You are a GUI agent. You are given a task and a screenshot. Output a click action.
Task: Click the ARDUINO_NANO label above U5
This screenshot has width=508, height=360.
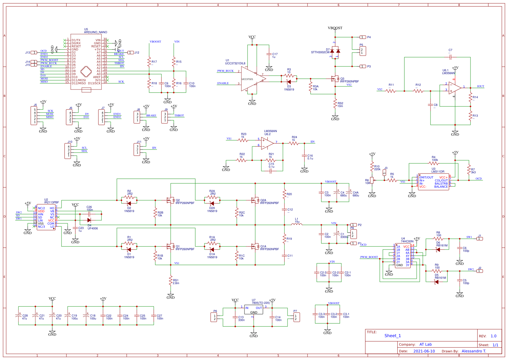(x=96, y=32)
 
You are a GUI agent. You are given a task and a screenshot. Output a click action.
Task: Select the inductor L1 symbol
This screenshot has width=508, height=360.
(x=296, y=224)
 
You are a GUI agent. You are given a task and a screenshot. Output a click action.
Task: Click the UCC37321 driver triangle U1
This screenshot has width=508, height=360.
(x=252, y=79)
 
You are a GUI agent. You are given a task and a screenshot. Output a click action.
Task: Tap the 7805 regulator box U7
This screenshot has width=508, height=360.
(x=254, y=310)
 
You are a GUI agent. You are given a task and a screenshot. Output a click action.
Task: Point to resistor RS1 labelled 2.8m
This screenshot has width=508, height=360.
(x=171, y=281)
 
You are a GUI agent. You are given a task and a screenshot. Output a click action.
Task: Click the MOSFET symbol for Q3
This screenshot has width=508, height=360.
(x=334, y=79)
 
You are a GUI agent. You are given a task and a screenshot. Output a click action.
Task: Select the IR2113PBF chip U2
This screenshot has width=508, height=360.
(x=46, y=217)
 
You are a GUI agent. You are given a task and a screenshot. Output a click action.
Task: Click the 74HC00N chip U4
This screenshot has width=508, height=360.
(x=403, y=256)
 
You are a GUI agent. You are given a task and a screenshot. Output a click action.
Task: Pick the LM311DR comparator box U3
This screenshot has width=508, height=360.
(x=433, y=182)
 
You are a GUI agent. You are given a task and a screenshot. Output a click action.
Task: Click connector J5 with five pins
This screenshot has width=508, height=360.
(x=34, y=116)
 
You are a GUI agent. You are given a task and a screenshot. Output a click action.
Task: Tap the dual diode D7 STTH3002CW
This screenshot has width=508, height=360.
(x=335, y=51)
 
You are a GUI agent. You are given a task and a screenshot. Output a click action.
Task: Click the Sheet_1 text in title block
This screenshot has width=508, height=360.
(x=393, y=336)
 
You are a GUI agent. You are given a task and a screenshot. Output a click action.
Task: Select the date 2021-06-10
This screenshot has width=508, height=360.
(x=424, y=351)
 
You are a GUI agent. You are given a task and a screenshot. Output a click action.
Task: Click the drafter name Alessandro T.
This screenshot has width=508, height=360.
(x=474, y=351)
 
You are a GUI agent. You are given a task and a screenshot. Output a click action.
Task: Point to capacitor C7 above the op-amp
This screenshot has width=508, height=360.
(x=450, y=57)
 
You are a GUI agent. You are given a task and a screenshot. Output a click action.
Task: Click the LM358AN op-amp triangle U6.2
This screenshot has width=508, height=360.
(x=267, y=144)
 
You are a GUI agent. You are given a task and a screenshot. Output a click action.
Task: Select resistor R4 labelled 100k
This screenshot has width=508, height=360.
(x=434, y=163)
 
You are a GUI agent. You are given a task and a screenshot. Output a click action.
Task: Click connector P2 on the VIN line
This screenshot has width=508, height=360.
(x=354, y=225)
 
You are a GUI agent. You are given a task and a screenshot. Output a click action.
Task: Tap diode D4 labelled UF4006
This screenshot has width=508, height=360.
(x=89, y=220)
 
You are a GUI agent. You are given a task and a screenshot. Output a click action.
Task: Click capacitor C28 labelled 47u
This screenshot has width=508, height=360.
(x=18, y=316)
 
